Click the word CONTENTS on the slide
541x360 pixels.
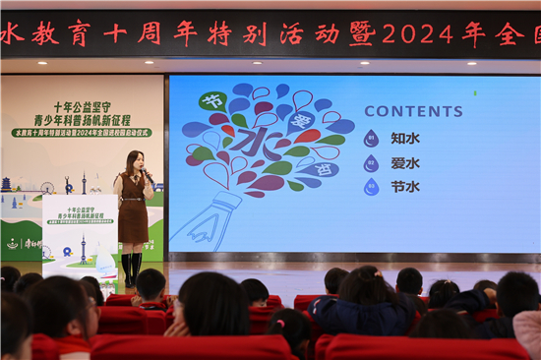pos(413,111)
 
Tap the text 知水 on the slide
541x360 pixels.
pos(405,139)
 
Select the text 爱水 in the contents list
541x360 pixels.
pos(405,163)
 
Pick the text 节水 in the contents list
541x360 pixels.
pos(405,186)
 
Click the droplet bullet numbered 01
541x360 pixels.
pos(371,139)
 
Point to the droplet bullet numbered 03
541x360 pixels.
pos(371,186)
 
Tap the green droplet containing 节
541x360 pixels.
pos(211,100)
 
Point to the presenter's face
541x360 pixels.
pos(133,161)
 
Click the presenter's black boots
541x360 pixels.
pos(131,269)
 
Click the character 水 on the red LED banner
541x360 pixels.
pos(11,33)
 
